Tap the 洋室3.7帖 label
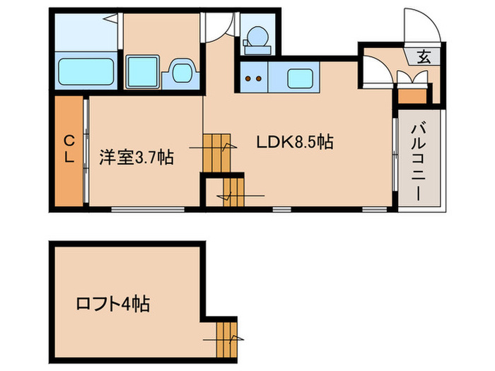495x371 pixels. (x=136, y=156)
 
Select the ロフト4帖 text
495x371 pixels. (x=112, y=305)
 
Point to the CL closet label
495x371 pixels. (x=69, y=149)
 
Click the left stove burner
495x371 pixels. (x=248, y=77)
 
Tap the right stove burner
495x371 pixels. (x=260, y=77)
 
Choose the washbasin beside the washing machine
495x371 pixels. (x=180, y=73)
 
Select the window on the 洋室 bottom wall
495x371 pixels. (x=148, y=208)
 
